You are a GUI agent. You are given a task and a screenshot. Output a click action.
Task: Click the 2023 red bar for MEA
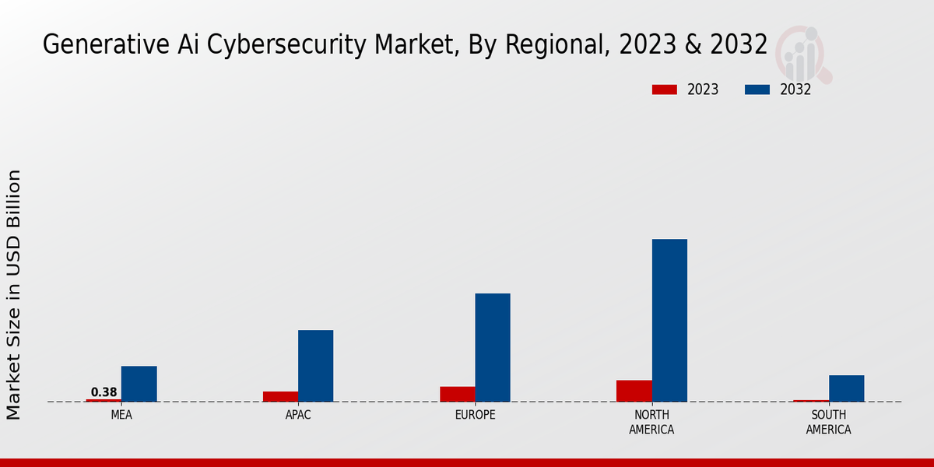(104, 400)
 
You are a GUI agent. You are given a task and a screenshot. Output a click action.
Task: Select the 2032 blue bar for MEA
(139, 384)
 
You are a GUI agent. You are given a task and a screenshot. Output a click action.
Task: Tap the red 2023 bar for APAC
(280, 396)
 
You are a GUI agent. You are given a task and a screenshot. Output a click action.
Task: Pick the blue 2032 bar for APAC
(315, 366)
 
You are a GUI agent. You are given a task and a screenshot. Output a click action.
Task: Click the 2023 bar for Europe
(457, 394)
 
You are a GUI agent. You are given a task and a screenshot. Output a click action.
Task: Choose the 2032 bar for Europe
(493, 347)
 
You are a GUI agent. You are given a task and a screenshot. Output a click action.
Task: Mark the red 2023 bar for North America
(634, 391)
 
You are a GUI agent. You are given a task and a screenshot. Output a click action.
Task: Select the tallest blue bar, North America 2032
(669, 320)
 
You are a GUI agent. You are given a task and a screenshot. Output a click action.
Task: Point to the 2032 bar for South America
(846, 388)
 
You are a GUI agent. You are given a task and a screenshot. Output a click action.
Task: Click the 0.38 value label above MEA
(104, 392)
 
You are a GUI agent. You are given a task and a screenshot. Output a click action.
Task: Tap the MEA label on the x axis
(121, 416)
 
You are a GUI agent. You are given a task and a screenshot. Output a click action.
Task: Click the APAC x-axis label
(298, 416)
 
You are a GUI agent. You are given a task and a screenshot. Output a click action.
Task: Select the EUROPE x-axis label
(475, 416)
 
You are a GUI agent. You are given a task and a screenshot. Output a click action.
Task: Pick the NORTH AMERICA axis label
(651, 423)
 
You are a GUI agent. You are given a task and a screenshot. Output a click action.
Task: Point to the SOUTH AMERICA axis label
(828, 423)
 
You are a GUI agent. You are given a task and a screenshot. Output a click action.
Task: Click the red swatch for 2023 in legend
(664, 90)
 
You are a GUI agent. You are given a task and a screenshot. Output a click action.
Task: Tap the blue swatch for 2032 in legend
(757, 90)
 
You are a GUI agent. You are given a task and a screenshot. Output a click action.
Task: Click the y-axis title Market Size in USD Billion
(14, 294)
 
